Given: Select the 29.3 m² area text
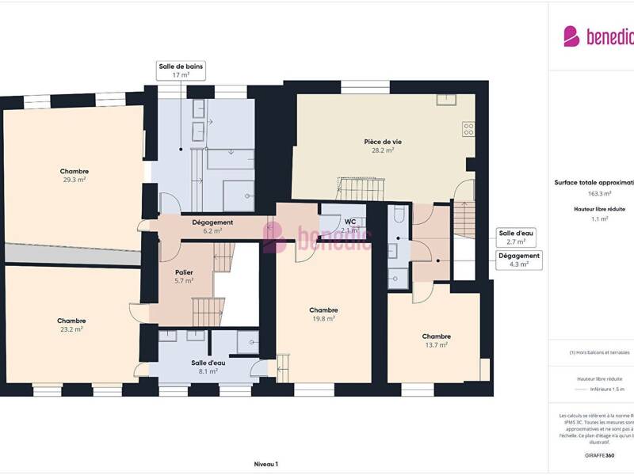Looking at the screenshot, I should [x=74, y=180].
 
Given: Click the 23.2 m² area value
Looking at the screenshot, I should [x=71, y=329].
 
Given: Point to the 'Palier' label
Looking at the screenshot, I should [x=184, y=272].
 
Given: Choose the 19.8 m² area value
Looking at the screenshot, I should [x=323, y=318].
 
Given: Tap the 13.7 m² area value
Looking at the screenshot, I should [x=436, y=344].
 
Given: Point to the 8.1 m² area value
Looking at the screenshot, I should [x=208, y=370].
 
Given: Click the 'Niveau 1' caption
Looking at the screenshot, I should [x=265, y=464].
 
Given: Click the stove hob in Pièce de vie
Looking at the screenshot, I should [x=468, y=129].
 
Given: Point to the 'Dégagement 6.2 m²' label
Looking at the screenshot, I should [x=212, y=226].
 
